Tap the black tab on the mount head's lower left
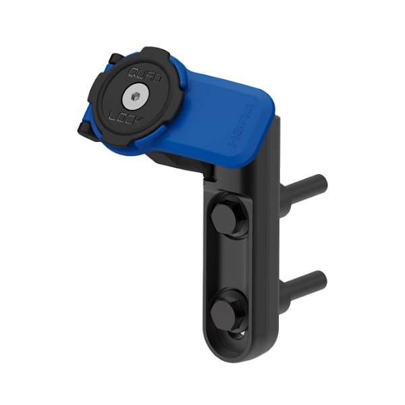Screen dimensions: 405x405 click(x=84, y=129)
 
